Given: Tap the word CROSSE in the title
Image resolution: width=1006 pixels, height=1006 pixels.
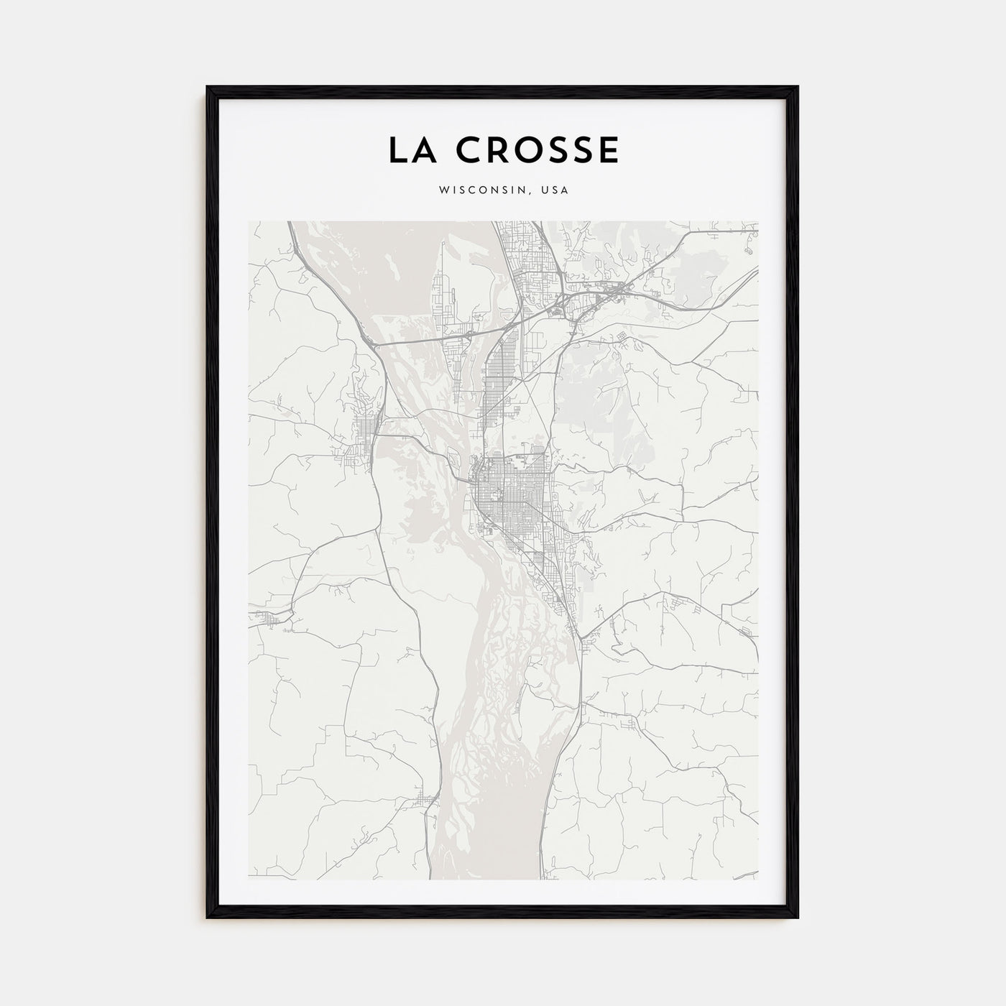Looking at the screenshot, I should tap(535, 149).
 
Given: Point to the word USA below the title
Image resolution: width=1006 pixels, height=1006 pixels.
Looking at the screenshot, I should tap(557, 190).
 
